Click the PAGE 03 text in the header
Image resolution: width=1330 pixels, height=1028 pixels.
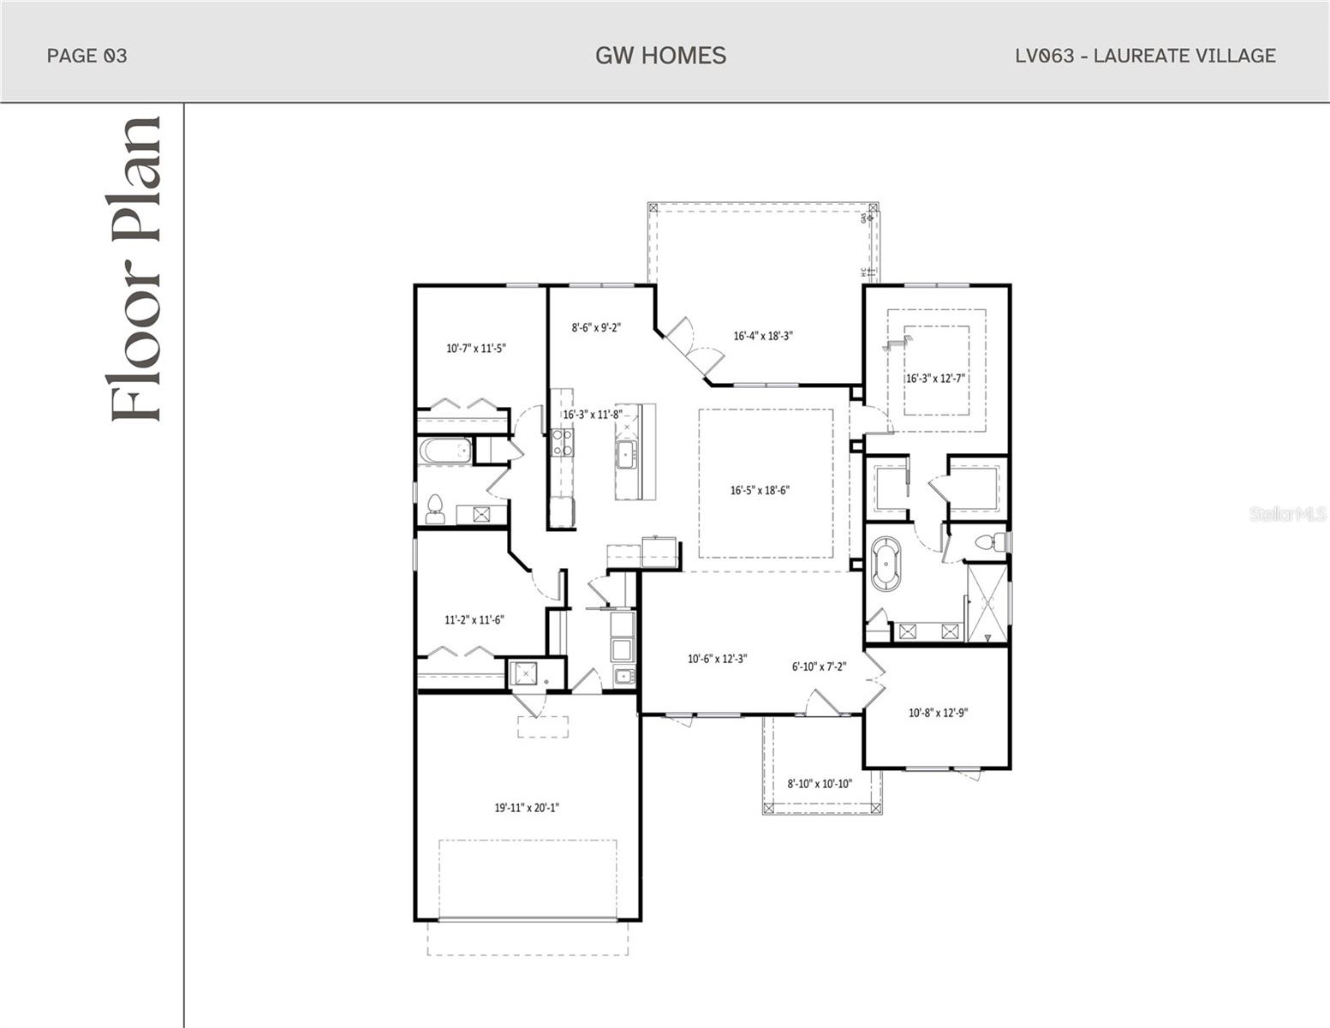click(x=86, y=56)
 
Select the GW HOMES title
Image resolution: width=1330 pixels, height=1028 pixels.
click(x=660, y=56)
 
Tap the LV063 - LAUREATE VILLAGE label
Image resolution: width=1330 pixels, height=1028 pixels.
click(x=1145, y=56)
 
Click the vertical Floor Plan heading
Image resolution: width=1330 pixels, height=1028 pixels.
click(x=135, y=268)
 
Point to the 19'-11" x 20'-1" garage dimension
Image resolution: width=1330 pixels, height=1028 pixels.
click(x=527, y=807)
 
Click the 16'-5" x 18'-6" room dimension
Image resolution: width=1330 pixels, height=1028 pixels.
click(x=759, y=491)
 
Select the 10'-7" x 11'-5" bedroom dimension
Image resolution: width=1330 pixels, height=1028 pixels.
click(x=475, y=349)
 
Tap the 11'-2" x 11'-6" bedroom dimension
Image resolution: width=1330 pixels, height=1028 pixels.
click(x=474, y=619)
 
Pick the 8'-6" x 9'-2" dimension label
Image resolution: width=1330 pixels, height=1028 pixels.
click(x=596, y=326)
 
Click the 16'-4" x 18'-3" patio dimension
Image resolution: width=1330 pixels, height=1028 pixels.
click(x=762, y=336)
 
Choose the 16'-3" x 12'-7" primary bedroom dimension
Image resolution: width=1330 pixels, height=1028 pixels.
click(x=936, y=378)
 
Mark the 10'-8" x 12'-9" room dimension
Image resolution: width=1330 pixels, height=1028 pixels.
click(x=938, y=712)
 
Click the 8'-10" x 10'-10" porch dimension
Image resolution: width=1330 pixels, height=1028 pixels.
click(x=820, y=783)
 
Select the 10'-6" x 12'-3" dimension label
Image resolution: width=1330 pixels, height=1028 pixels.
click(x=718, y=659)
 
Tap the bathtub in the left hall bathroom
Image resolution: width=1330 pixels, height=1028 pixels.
click(x=444, y=451)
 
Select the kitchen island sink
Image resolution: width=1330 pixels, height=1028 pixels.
click(x=626, y=454)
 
